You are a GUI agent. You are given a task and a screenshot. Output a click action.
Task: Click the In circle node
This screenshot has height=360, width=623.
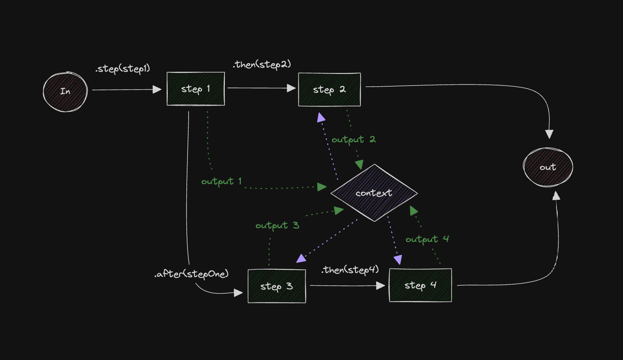[x=65, y=91]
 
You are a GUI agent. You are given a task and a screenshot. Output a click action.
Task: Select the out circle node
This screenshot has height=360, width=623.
[x=548, y=167]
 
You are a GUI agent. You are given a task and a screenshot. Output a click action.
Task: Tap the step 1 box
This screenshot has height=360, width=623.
[x=196, y=89]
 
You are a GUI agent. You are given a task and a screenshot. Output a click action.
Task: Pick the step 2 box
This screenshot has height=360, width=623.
[x=329, y=90]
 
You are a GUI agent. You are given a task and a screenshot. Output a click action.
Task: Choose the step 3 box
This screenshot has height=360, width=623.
[x=277, y=286]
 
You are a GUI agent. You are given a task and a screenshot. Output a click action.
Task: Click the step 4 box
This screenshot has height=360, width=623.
[x=420, y=285]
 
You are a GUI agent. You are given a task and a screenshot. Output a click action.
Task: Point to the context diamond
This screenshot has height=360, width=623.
[x=374, y=193]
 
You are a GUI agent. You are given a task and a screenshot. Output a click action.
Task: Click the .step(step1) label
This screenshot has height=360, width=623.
[x=123, y=69]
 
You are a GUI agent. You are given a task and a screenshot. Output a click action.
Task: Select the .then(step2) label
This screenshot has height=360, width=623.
[x=262, y=65]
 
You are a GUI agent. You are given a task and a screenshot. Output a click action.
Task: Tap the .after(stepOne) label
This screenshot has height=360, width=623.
[x=191, y=274]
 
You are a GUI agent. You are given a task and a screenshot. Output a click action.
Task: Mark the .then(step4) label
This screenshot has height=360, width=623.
[x=350, y=270]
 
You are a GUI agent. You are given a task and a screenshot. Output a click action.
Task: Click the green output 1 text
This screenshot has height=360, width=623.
[x=221, y=181]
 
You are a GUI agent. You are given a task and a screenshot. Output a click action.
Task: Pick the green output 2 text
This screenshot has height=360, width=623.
[x=353, y=140]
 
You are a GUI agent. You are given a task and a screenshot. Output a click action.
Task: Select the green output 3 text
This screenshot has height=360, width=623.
[x=277, y=226]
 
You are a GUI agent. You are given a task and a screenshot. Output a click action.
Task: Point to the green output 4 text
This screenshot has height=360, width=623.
[x=427, y=239]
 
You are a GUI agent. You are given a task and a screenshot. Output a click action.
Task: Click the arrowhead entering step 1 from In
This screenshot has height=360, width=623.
[x=157, y=90]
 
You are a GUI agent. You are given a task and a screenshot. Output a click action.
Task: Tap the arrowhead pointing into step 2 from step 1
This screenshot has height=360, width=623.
[x=291, y=88]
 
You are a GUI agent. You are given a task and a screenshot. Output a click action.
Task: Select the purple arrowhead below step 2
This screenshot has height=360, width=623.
[x=321, y=118]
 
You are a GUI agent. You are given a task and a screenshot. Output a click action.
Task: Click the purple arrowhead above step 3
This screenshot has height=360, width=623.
[x=301, y=258]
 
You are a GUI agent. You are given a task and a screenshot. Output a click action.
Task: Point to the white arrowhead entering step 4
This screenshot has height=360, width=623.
[x=381, y=286]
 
